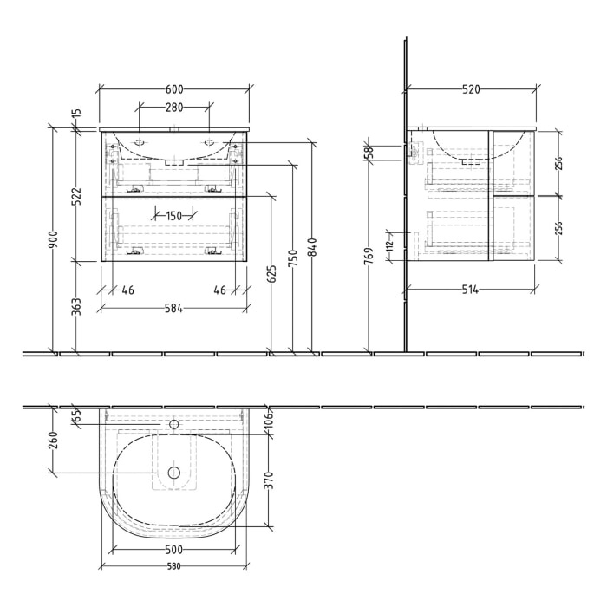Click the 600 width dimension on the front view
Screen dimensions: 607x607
pos(174,89)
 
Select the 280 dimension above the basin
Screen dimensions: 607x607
pos(173,108)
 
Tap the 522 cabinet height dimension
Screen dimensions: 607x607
pos(76,196)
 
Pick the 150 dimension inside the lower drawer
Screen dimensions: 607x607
pos(173,215)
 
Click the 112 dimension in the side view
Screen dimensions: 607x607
pos(390,246)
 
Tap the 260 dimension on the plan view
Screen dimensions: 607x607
pos(52,440)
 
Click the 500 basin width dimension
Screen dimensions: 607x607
pos(174,549)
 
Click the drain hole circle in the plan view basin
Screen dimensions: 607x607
pos(173,473)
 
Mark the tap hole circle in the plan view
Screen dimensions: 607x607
pos(173,425)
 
